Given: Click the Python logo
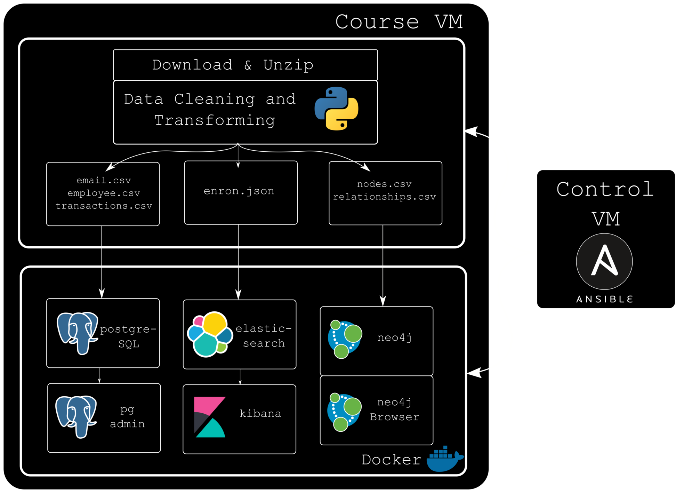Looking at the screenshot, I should click(x=336, y=109).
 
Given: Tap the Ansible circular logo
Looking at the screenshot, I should click(x=604, y=261).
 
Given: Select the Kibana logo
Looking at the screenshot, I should click(x=210, y=417).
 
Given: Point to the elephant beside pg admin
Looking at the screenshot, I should click(x=76, y=416).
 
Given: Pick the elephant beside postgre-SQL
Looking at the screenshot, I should click(x=77, y=333).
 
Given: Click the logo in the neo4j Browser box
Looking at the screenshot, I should click(x=344, y=412).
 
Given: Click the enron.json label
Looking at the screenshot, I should click(x=239, y=191).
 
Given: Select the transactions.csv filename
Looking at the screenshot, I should click(x=104, y=206).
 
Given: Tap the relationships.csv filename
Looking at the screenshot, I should click(x=384, y=197).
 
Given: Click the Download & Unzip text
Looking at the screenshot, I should click(x=233, y=65).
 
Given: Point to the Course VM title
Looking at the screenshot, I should click(x=399, y=22).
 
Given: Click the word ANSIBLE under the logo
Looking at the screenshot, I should click(x=604, y=299).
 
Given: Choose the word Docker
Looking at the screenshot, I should click(x=391, y=460).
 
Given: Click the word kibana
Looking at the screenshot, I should click(x=260, y=413).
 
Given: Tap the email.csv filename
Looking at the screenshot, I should click(x=104, y=180).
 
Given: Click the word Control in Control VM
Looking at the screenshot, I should click(x=605, y=189).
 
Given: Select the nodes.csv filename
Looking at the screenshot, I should click(x=384, y=184).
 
